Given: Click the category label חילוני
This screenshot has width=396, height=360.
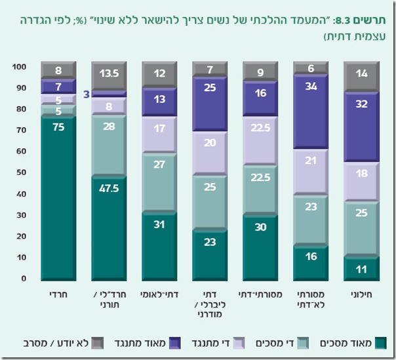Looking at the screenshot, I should coord(362,295).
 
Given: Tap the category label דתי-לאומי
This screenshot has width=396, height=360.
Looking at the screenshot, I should coord(159,295).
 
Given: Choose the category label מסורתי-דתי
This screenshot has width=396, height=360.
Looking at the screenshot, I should coord(261,295).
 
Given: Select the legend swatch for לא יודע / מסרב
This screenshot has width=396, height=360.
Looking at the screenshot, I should coord(97,342).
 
